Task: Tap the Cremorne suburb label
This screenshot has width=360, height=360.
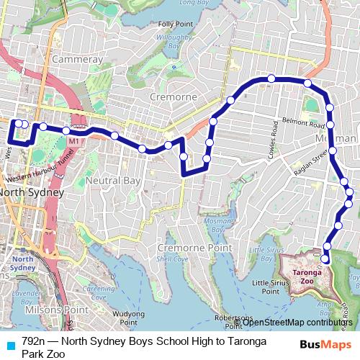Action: tap(173, 96)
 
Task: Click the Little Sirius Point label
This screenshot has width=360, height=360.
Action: tap(271, 287)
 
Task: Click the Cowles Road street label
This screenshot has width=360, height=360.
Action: tap(274, 136)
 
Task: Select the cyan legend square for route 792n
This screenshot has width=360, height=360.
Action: tap(10, 342)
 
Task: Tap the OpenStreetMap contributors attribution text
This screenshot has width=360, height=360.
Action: tap(297, 322)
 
